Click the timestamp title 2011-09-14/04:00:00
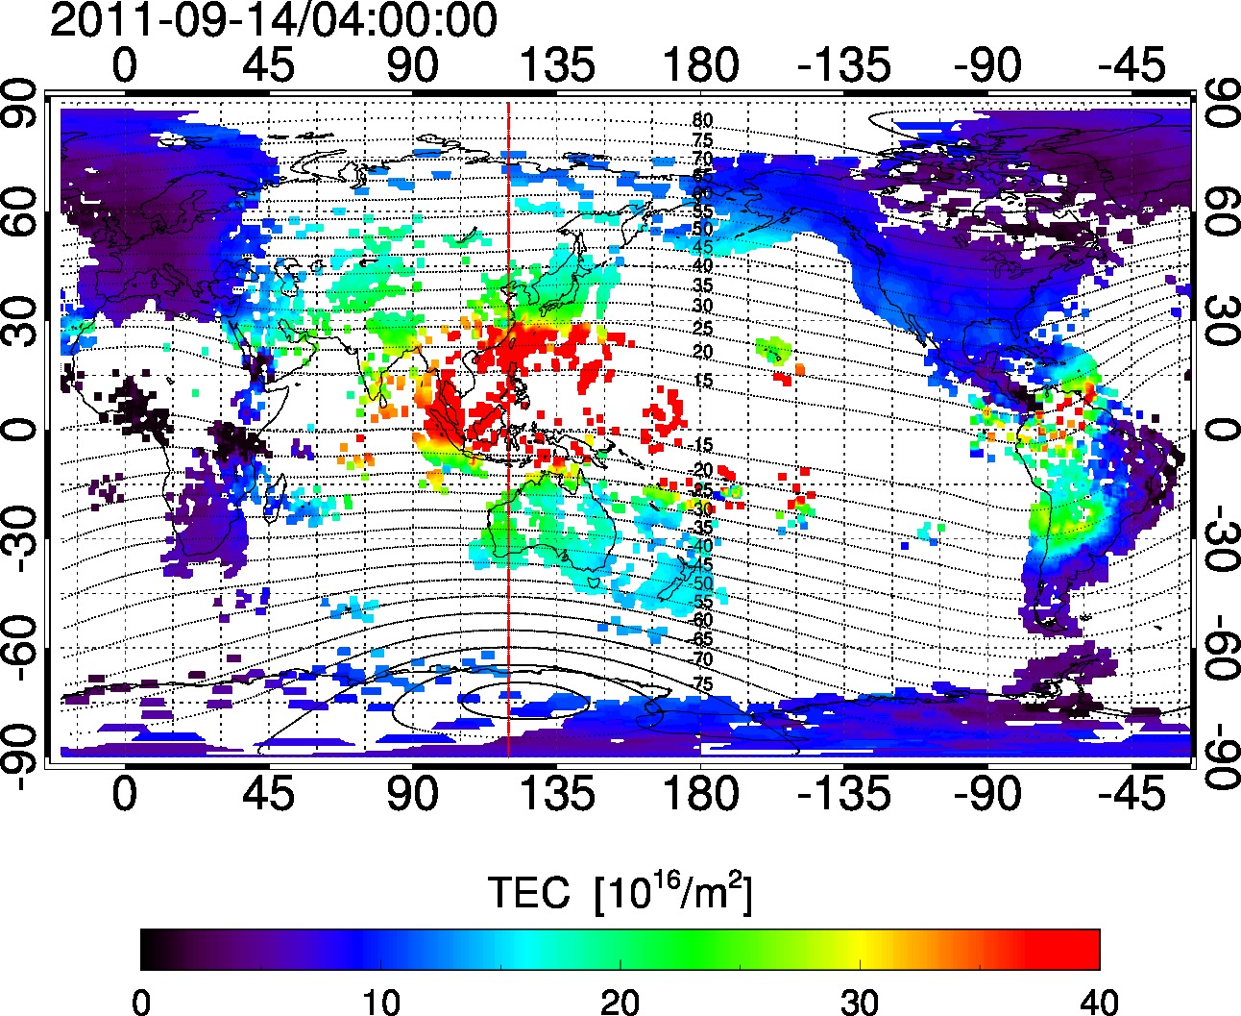click(273, 21)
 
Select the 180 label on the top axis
click(700, 66)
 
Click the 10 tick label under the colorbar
click(380, 1003)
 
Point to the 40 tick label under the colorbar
click(1099, 1003)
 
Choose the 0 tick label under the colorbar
click(141, 1003)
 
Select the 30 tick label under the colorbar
click(860, 1003)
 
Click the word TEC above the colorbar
click(529, 894)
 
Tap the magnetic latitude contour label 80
click(702, 121)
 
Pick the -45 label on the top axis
click(1132, 66)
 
